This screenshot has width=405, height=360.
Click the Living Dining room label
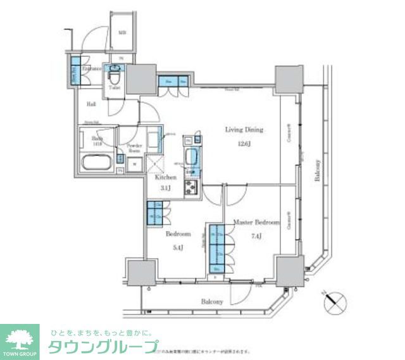point(244,130)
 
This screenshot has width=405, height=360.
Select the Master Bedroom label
point(256,223)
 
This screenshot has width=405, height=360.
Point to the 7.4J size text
point(256,237)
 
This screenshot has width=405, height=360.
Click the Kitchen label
point(166,178)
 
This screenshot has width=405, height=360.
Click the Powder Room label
point(134,149)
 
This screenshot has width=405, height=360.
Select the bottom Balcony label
point(212,302)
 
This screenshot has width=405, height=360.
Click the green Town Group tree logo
point(20,339)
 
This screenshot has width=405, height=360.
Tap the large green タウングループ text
point(103,346)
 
